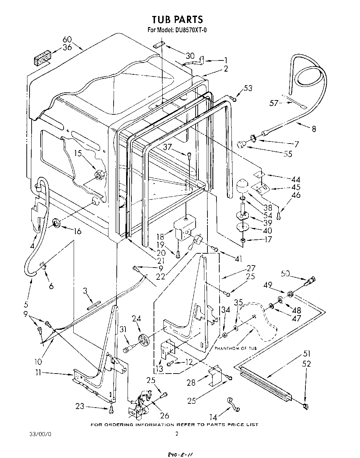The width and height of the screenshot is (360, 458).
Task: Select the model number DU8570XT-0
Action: [x=189, y=30]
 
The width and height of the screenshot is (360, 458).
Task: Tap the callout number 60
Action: [x=67, y=40]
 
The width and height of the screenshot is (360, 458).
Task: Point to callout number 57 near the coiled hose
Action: [x=275, y=103]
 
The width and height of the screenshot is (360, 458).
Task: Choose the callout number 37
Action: [x=168, y=147]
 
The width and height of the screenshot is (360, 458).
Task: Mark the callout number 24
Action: [x=136, y=318]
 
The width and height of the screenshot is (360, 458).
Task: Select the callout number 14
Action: [x=214, y=416]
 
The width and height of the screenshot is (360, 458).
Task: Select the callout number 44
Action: [x=295, y=180]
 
